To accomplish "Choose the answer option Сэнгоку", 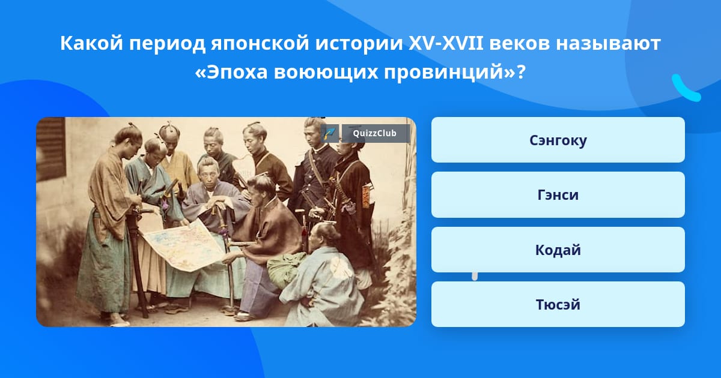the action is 558,140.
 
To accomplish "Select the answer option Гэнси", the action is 558,195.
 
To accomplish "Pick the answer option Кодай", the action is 558,250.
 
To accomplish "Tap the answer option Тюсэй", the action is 558,304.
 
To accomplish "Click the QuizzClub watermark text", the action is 374,133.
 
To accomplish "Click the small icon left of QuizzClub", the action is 330,133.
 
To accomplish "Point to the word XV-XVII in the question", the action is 446,43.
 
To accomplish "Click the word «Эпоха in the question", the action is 231,72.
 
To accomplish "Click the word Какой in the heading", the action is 92,43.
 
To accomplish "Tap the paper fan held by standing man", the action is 243,168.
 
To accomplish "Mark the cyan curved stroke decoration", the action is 686,88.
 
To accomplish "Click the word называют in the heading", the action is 608,44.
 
